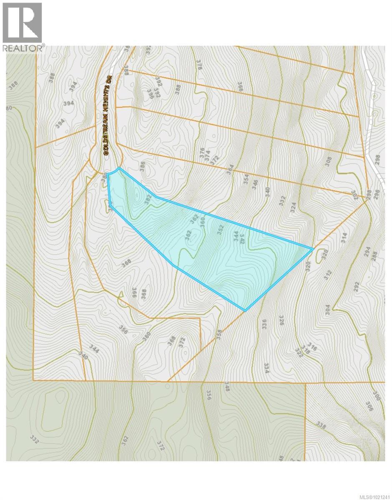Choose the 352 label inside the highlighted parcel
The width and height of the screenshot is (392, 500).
tap(220, 230)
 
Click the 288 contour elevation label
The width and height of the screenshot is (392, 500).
tap(374, 255)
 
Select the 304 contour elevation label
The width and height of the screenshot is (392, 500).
tap(327, 310)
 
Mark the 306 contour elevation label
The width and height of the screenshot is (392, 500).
tap(369, 406)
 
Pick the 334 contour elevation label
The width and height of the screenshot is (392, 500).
tap(266, 368)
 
